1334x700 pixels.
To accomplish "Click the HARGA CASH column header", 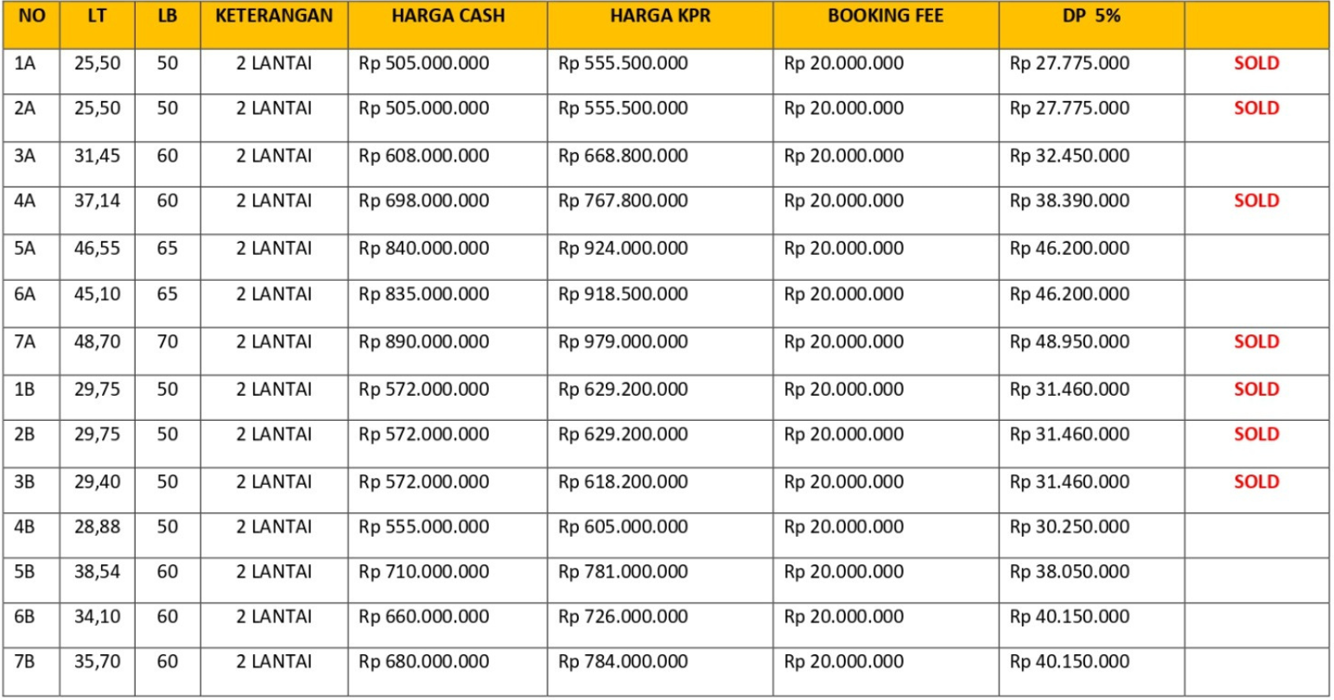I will (x=448, y=16).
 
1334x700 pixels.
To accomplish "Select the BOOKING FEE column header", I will (x=885, y=16).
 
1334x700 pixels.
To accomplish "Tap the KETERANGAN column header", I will (x=274, y=16).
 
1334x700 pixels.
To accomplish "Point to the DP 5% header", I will (x=1091, y=16).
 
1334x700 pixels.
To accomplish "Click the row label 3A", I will (x=25, y=156).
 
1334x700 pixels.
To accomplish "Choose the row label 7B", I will (x=25, y=662).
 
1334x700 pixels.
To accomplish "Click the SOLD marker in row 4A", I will (x=1256, y=201).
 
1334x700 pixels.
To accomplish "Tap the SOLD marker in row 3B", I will (x=1256, y=482).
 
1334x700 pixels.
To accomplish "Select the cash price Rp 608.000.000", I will (x=424, y=156).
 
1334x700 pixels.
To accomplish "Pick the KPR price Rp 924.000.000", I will (x=623, y=249).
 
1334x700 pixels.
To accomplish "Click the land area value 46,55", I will (x=97, y=249).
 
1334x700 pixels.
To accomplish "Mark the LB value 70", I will (x=168, y=342).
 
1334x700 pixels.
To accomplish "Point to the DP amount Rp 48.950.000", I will (x=1070, y=342).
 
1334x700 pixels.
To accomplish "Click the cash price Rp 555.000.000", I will (x=424, y=527).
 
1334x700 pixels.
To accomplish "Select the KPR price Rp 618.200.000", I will (x=623, y=482).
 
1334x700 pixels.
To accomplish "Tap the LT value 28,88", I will (x=97, y=527).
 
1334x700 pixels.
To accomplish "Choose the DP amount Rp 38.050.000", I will (x=1070, y=572).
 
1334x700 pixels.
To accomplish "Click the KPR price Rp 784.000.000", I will (x=623, y=662).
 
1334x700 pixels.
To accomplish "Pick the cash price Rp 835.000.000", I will (x=424, y=295).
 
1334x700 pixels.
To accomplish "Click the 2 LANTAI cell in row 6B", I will (x=274, y=617).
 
